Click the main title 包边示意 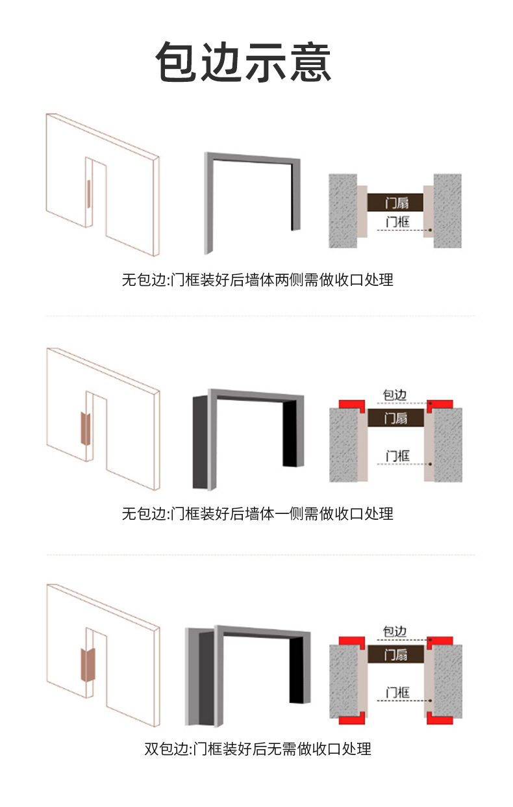pyautogui.click(x=244, y=62)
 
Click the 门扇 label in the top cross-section pyautogui.click(x=397, y=203)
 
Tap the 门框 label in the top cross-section pyautogui.click(x=397, y=222)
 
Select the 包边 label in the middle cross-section pyautogui.click(x=395, y=395)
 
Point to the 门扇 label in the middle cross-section pyautogui.click(x=395, y=418)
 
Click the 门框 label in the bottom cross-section pyautogui.click(x=397, y=693)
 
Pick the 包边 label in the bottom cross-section pyautogui.click(x=395, y=632)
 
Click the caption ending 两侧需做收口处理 pyautogui.click(x=257, y=280)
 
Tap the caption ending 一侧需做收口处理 pyautogui.click(x=257, y=514)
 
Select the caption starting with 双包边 pyautogui.click(x=257, y=749)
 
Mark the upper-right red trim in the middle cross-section pyautogui.click(x=440, y=405)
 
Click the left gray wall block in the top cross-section pyautogui.click(x=343, y=211)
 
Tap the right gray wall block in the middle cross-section pyautogui.click(x=448, y=445)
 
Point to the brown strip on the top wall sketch pyautogui.click(x=88, y=194)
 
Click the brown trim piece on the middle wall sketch pyautogui.click(x=85, y=429)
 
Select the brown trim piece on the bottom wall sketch pyautogui.click(x=88, y=665)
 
